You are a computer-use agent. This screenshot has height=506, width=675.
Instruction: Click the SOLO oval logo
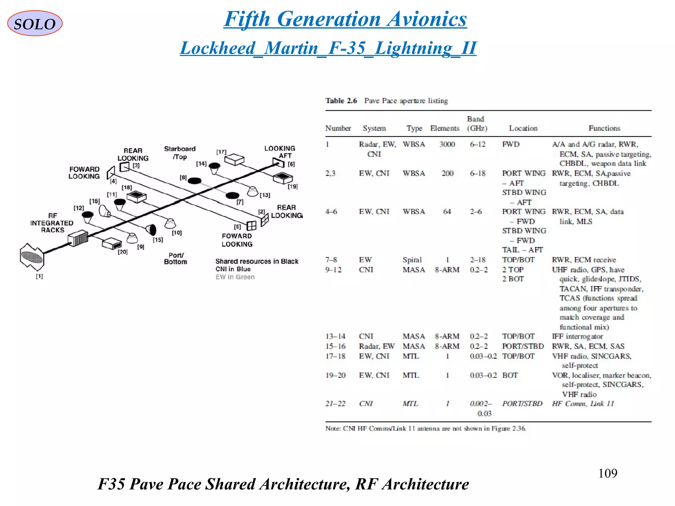35,23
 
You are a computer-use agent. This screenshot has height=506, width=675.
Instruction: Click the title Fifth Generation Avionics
345,19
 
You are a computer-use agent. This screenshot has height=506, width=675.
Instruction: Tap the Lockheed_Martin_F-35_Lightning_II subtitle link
328,48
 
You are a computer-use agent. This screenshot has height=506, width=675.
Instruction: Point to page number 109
607,473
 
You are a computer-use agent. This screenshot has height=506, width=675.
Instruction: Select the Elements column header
445,128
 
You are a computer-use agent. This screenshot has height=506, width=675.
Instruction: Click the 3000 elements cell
447,144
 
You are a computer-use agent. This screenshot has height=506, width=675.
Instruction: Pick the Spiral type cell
412,260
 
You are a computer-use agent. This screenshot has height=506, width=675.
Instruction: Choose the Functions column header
604,128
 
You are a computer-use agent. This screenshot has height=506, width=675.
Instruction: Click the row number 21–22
335,404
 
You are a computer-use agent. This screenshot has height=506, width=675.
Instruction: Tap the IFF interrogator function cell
577,336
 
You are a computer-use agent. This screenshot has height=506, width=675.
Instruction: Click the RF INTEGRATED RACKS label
52,223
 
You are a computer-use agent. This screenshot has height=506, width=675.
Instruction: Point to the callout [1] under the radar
39,276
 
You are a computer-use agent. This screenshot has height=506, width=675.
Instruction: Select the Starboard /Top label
180,153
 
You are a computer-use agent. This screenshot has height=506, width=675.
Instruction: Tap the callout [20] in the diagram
123,252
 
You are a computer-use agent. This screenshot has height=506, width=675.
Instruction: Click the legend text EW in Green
235,277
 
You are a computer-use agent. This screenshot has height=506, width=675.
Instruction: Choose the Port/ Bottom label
176,259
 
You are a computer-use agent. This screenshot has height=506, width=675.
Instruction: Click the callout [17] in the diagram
221,152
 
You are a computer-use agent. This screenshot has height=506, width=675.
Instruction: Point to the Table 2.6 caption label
341,101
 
